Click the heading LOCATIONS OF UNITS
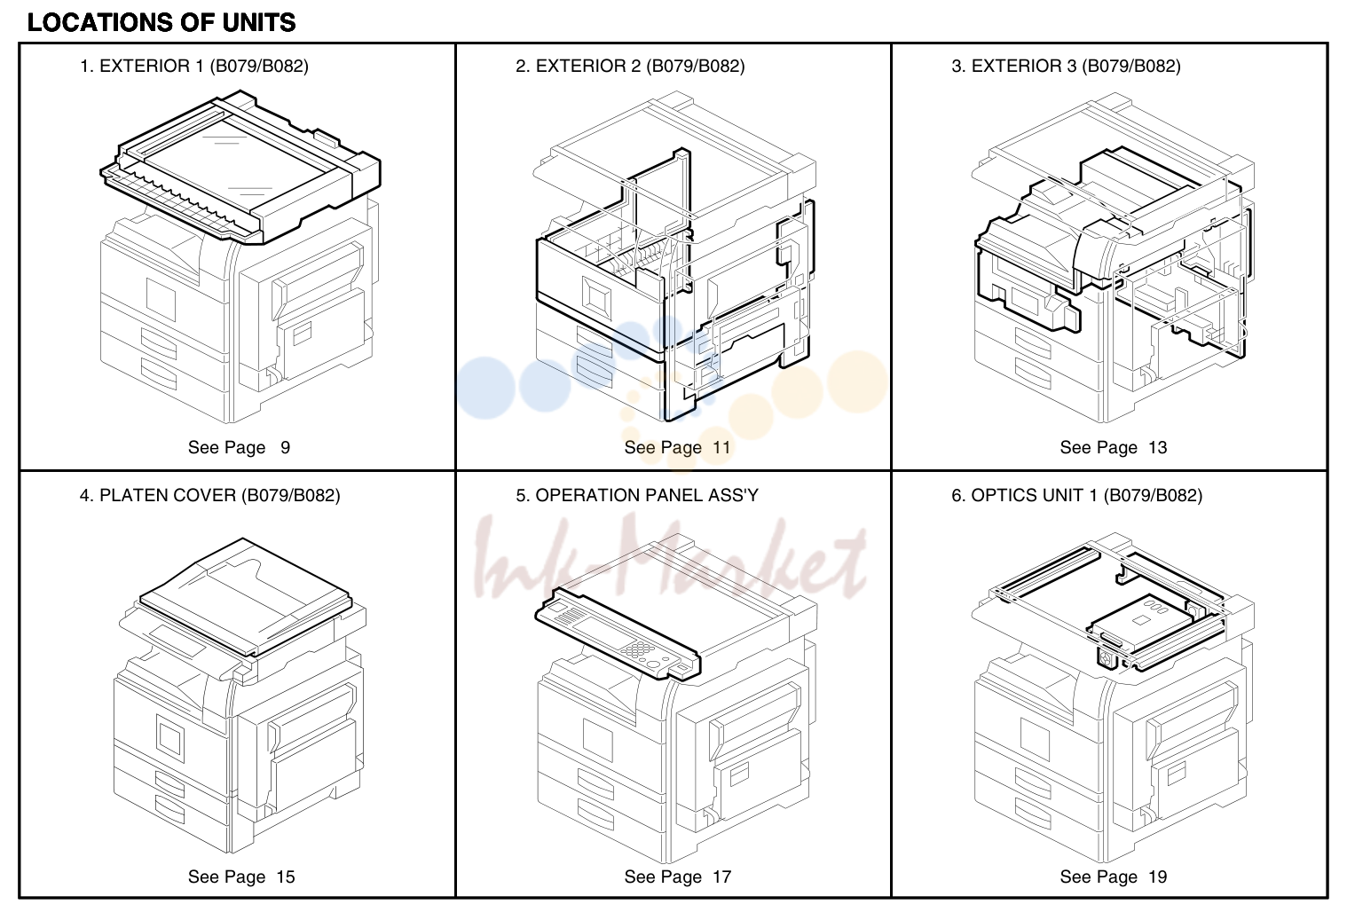click(161, 22)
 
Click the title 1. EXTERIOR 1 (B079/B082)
click(194, 66)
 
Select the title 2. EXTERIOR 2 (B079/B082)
click(630, 66)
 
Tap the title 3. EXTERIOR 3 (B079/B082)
click(1067, 66)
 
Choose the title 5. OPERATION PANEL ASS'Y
click(637, 495)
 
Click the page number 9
click(285, 447)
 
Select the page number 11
click(721, 447)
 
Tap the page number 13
click(1158, 447)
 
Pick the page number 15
click(286, 877)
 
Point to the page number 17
click(721, 877)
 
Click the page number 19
click(1158, 877)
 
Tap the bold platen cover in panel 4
click(245, 596)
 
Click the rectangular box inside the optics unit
click(1143, 622)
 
